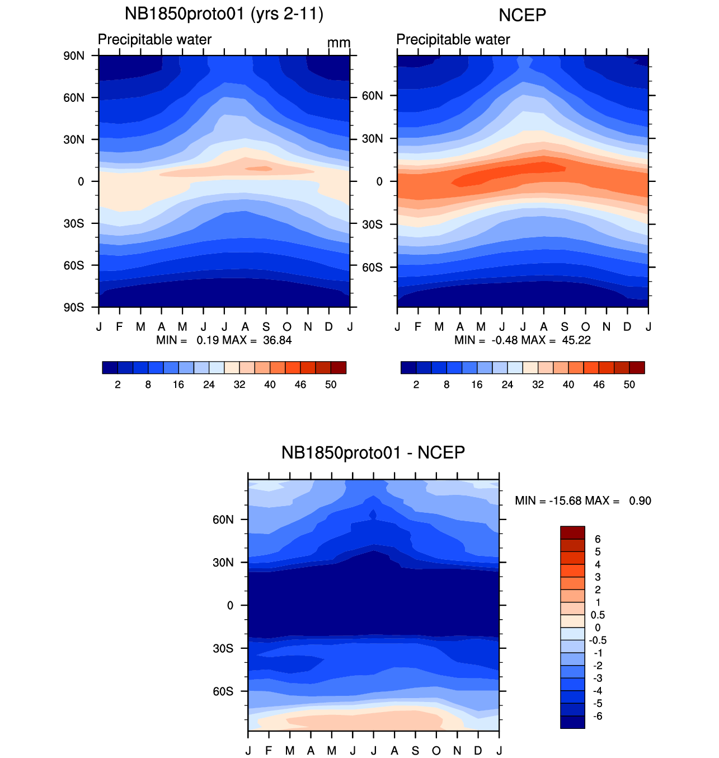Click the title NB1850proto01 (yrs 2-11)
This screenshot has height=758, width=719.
(224, 14)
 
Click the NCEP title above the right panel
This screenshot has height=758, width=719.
(522, 15)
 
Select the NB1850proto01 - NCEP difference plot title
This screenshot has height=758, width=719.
(373, 452)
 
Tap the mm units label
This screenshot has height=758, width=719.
(339, 43)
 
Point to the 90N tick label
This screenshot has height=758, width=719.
(74, 55)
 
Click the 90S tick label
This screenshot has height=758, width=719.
(74, 307)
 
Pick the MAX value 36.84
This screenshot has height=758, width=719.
(278, 340)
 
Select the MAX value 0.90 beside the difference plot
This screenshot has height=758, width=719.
(640, 500)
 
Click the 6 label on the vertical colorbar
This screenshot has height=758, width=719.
(598, 539)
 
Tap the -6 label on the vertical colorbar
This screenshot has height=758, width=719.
(596, 717)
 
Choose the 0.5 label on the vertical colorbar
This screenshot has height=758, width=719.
(598, 615)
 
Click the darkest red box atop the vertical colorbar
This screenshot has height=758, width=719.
(572, 532)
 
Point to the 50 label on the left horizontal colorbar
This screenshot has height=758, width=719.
(331, 385)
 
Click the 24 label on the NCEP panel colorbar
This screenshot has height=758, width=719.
(507, 385)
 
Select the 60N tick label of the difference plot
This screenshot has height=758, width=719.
(223, 520)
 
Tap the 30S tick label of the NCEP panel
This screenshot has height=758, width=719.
(372, 224)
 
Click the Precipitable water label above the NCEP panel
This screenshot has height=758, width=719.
(453, 40)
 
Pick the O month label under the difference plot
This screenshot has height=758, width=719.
(436, 751)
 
